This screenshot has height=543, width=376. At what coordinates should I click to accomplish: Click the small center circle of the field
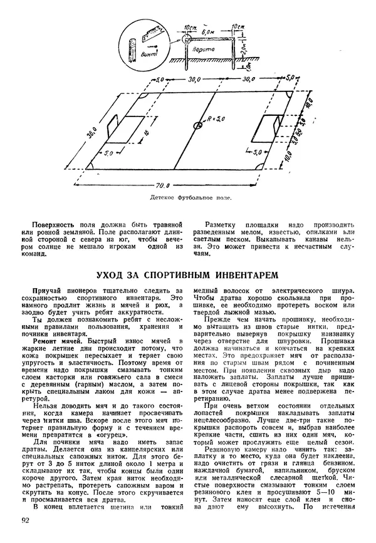pos(199,125)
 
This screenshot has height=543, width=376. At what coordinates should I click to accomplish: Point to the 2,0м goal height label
pos(249,46)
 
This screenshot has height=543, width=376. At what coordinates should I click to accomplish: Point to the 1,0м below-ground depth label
pos(249,62)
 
